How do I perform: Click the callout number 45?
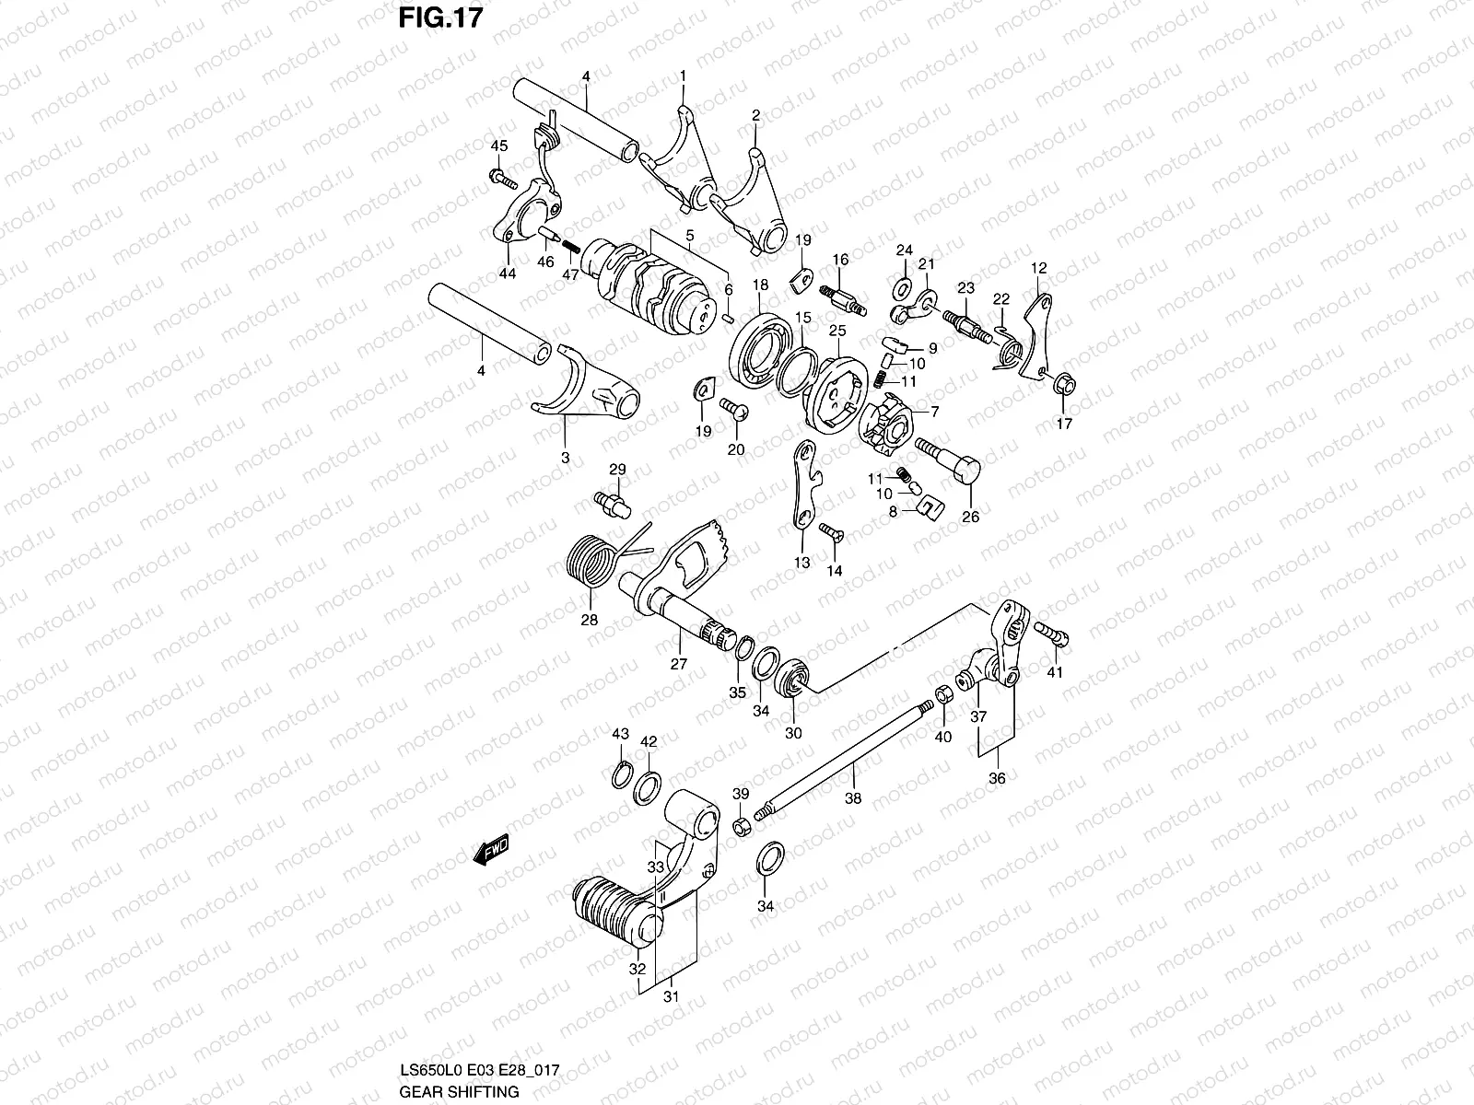tap(498, 145)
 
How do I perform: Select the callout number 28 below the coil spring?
tap(589, 620)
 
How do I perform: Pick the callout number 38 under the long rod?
tap(853, 798)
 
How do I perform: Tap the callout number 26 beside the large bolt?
tap(970, 517)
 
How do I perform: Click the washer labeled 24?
tap(904, 281)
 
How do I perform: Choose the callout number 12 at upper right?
tap(1038, 268)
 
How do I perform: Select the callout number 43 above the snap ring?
tap(620, 734)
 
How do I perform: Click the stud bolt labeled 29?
tap(611, 500)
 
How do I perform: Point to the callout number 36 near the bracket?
tap(997, 778)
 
